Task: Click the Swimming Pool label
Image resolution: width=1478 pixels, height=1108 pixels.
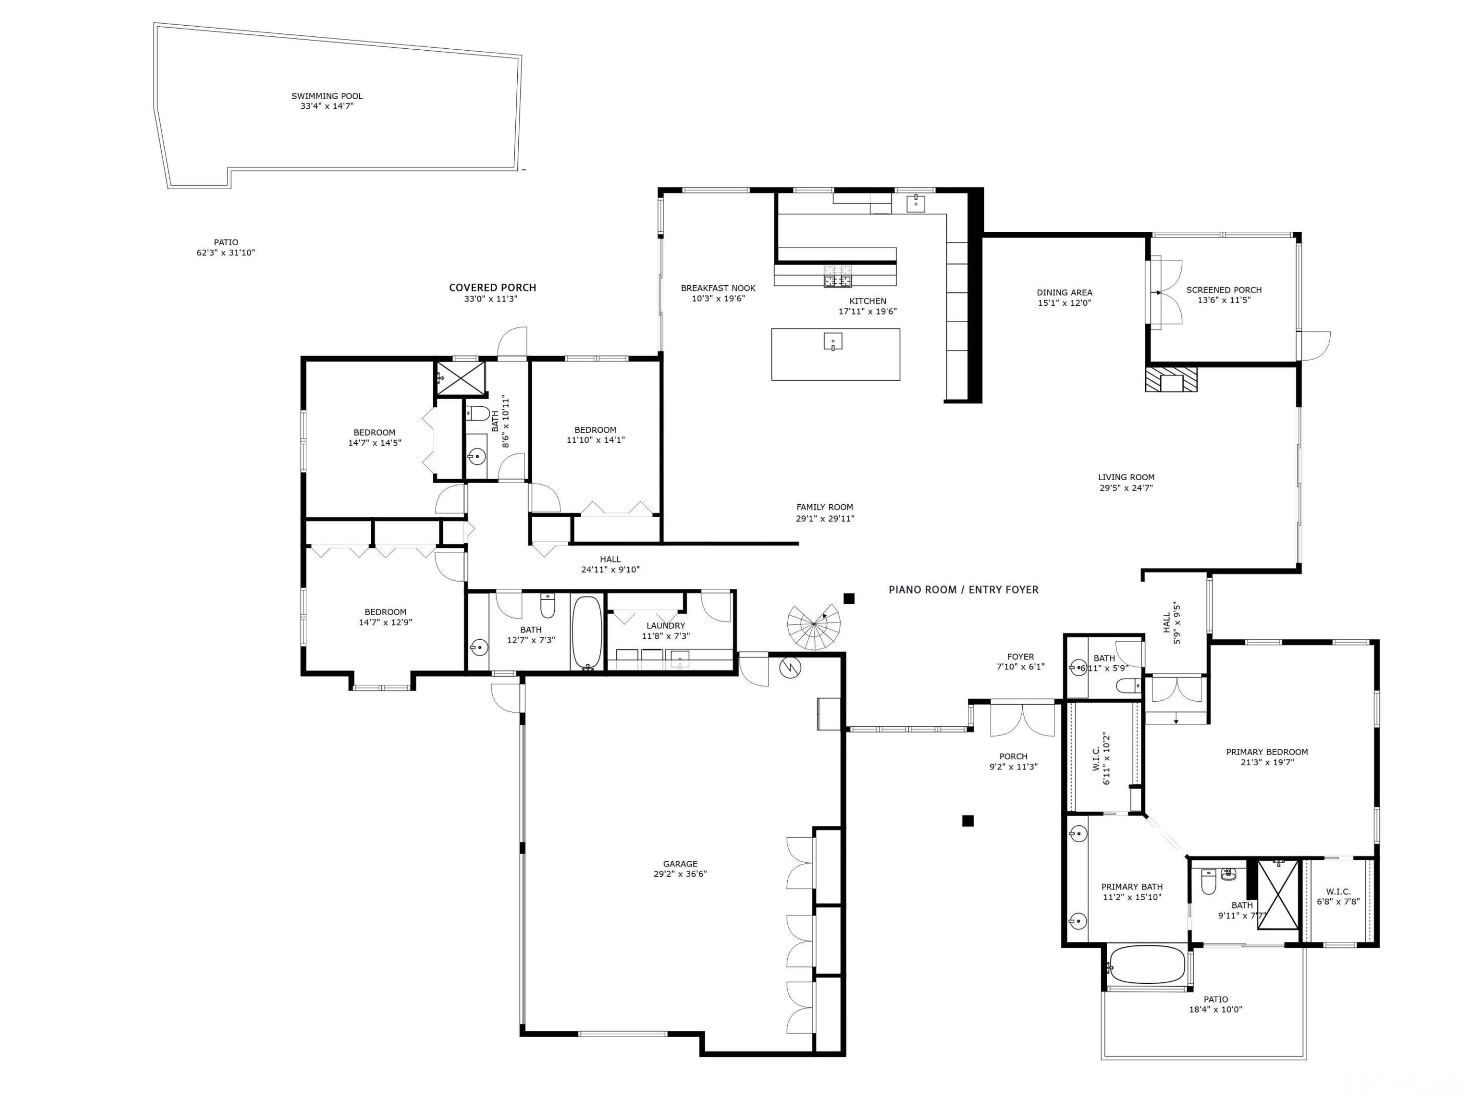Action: coord(327,96)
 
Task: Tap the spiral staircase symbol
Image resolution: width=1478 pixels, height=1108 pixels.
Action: coord(813,626)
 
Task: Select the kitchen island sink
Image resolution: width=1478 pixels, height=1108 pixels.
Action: coord(832,341)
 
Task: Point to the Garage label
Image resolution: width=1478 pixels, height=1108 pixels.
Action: coord(680,863)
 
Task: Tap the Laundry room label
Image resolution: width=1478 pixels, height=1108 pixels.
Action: coord(666,626)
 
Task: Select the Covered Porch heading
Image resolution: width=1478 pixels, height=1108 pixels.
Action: coord(493,288)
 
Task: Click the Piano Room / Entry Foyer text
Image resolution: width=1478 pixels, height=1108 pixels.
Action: coord(963,590)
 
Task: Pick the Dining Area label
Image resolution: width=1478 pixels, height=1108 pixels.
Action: coord(1064,292)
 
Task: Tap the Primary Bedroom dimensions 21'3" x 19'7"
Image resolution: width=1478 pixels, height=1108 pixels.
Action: coord(1267,762)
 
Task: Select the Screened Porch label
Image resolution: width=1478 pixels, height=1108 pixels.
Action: coord(1223,290)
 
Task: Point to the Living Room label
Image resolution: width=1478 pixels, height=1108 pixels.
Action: coord(1126,478)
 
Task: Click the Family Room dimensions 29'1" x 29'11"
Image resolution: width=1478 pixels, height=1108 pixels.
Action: coord(825,518)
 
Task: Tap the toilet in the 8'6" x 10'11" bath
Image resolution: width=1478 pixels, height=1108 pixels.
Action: coord(477,413)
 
